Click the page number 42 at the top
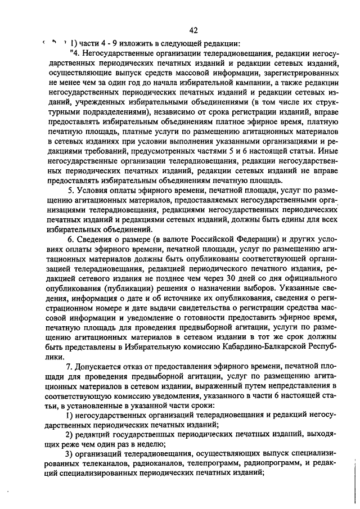[193, 30]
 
